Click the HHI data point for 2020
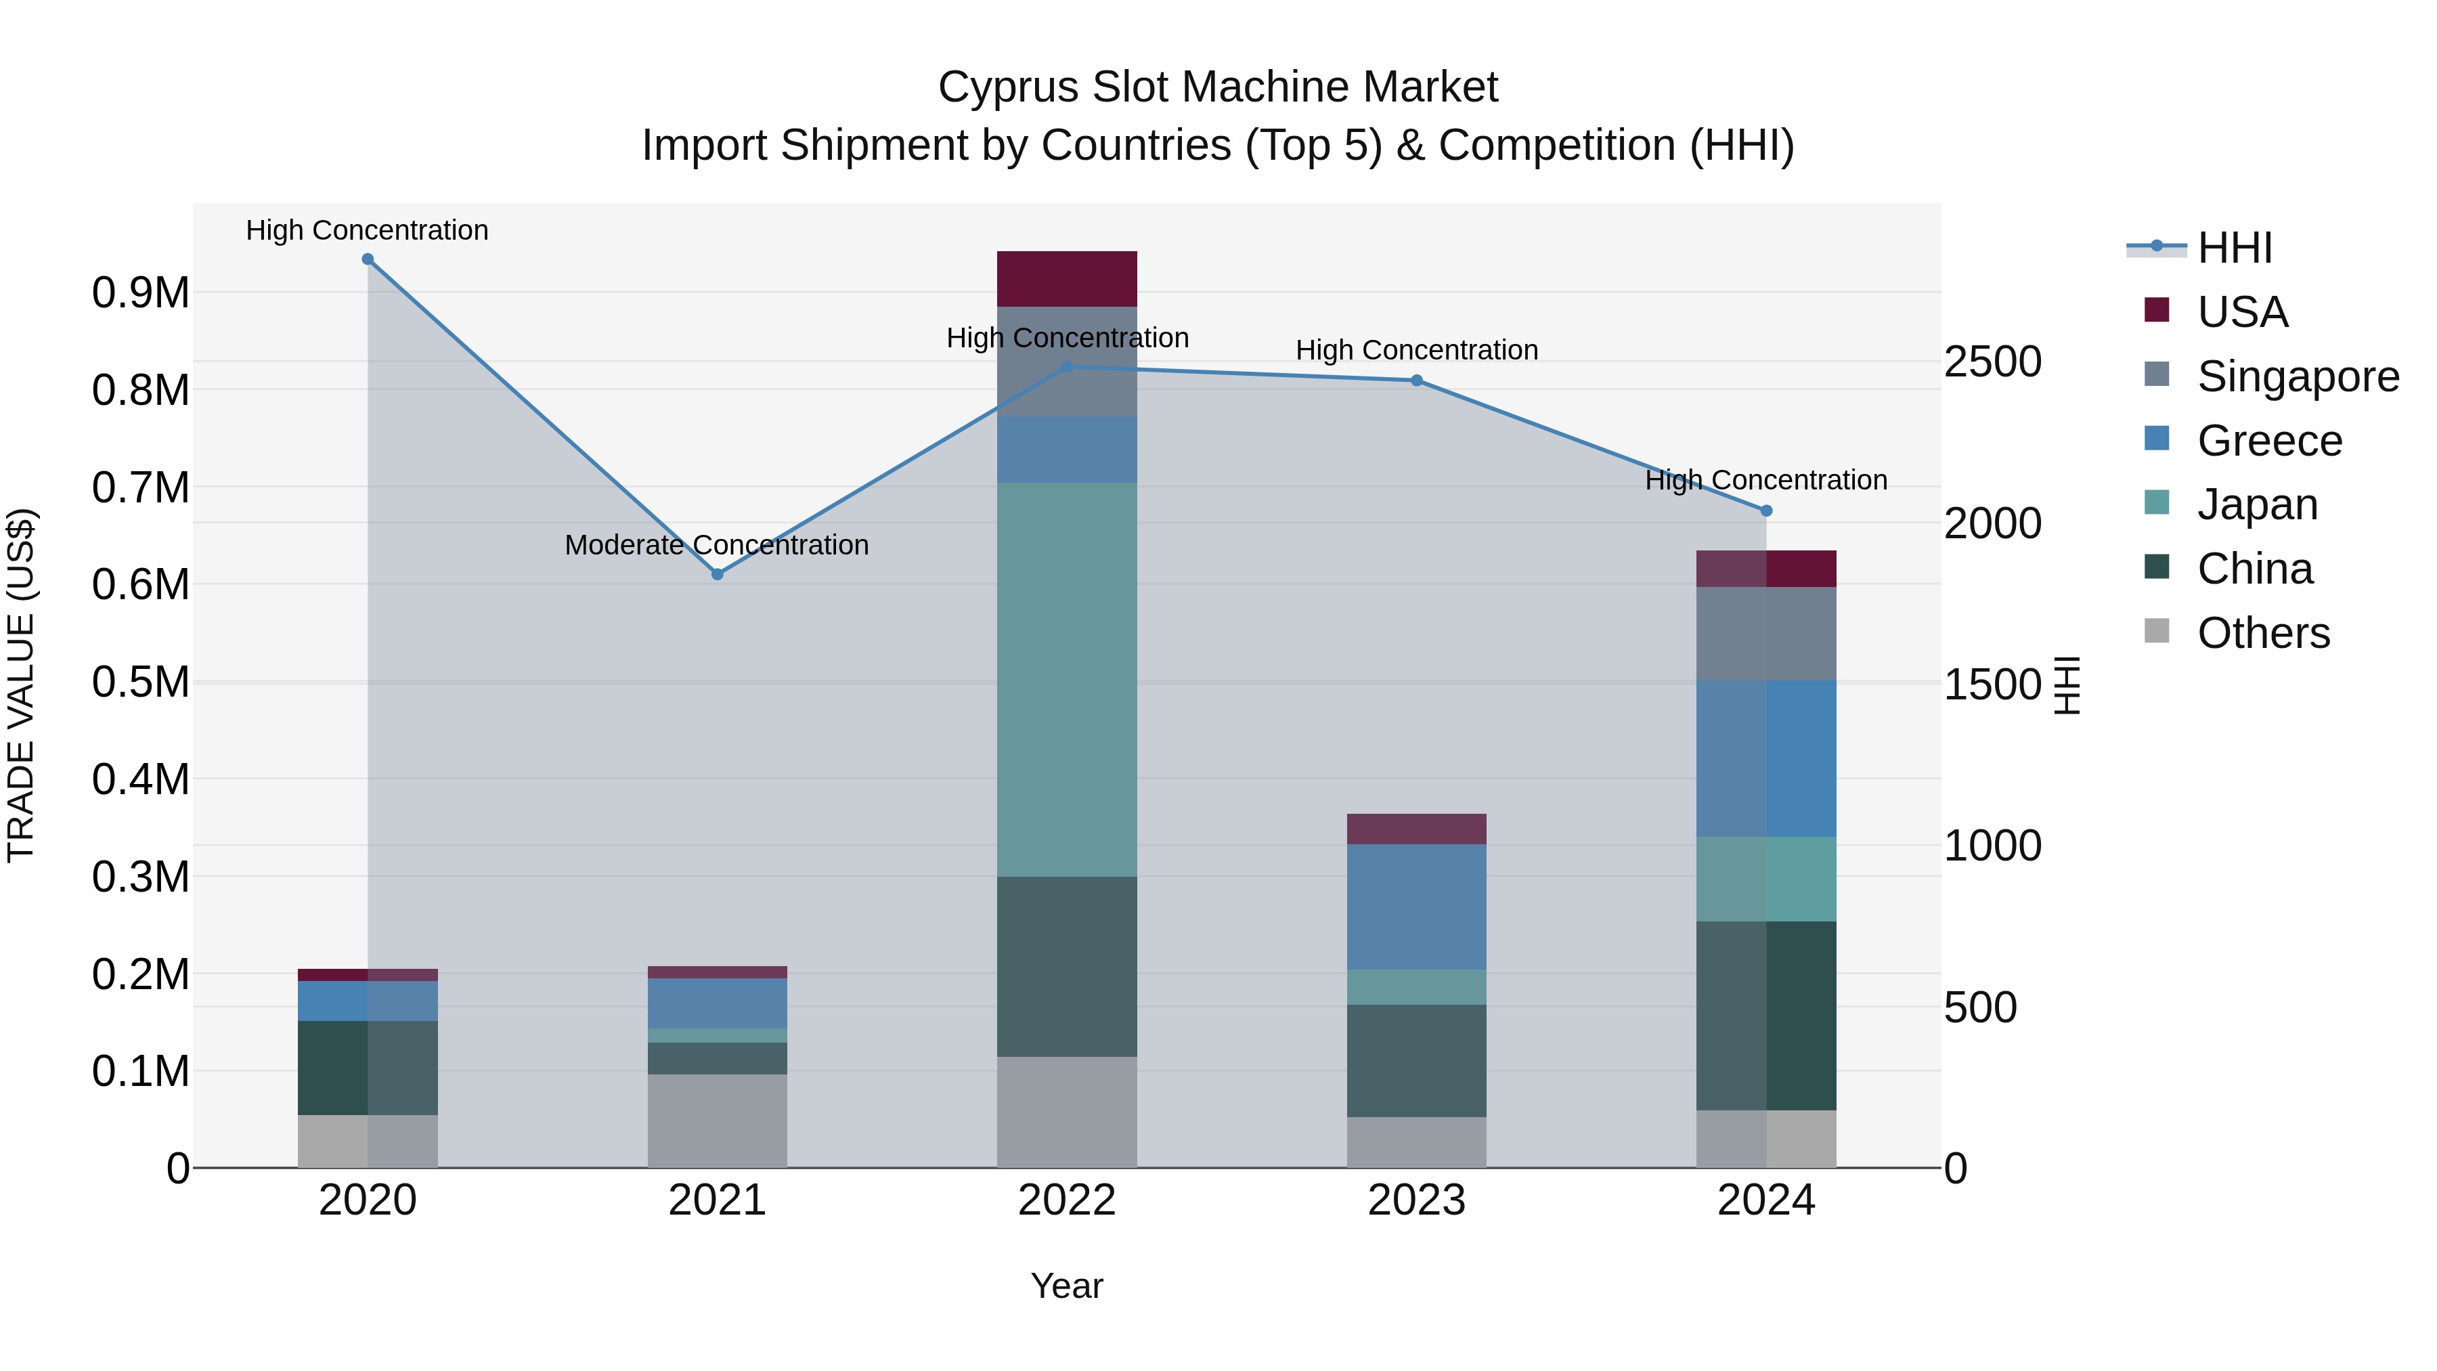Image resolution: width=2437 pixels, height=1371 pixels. (368, 259)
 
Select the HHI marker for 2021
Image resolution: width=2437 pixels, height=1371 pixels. (717, 574)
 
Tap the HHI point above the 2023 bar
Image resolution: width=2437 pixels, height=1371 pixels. (1416, 380)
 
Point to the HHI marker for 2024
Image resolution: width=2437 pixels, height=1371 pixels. (1765, 511)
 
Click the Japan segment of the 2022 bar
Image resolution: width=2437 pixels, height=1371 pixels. (1066, 679)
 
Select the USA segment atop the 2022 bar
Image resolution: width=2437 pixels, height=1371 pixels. (1066, 279)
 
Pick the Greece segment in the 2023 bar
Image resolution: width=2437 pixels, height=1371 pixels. (1416, 907)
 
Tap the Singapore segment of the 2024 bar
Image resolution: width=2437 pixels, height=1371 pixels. (1765, 634)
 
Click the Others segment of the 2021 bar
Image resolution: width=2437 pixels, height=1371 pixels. (717, 1121)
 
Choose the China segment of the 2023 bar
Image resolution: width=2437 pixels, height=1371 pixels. (1416, 1061)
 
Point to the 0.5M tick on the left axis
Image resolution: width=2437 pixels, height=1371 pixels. (140, 682)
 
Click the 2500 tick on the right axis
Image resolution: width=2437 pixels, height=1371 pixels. (1992, 362)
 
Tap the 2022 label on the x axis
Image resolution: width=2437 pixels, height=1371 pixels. (1066, 1200)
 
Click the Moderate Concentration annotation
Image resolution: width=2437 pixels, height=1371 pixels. (716, 545)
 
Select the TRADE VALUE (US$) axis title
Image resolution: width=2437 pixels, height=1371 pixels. (21, 685)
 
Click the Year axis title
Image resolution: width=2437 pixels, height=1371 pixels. (1066, 1286)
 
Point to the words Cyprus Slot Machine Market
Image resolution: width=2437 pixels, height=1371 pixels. (1218, 87)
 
